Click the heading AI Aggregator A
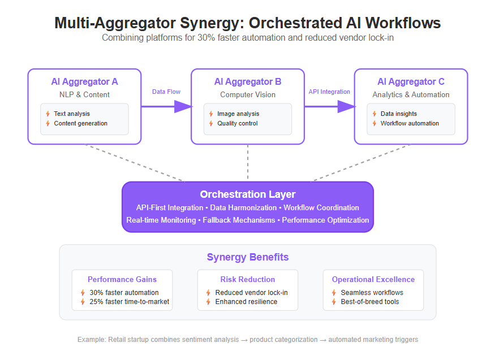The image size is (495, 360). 85,81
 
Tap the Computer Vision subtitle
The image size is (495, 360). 248,94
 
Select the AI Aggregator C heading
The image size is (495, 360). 411,81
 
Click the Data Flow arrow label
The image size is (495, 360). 166,92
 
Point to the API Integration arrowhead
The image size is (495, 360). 347,107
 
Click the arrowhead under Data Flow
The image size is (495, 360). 183,107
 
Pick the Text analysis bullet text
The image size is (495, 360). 72,114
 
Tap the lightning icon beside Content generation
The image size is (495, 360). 48,123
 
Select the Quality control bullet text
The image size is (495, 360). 238,123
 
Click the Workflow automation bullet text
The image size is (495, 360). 410,123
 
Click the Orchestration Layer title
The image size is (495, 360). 248,194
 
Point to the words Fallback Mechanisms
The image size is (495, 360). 239,220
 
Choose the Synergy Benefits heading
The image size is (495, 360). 248,257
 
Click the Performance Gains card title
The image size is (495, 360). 122,279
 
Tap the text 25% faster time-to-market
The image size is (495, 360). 130,302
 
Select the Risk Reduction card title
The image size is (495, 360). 248,279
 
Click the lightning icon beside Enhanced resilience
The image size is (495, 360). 208,302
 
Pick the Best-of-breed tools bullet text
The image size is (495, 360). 370,302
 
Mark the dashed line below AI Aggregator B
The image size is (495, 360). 248,162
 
